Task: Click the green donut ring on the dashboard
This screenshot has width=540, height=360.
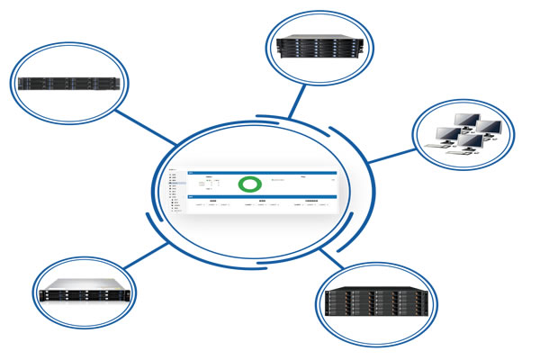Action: click(x=249, y=184)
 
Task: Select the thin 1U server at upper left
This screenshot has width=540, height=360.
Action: click(x=70, y=83)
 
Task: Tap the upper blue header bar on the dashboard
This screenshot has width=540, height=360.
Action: click(x=261, y=171)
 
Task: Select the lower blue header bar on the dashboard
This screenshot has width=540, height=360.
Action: click(x=261, y=194)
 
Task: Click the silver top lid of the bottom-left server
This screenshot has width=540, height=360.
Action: click(x=85, y=283)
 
